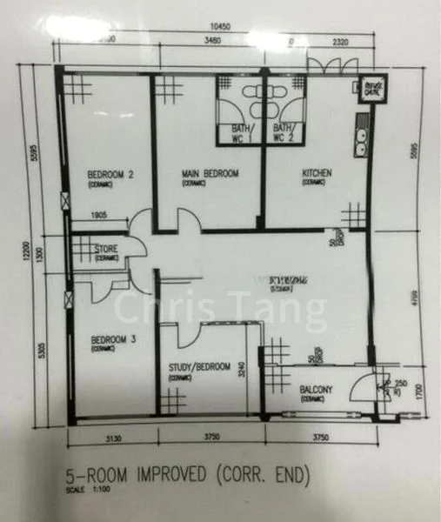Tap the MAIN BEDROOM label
click(x=210, y=174)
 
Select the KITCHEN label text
click(x=317, y=173)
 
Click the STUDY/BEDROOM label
click(x=199, y=368)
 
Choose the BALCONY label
click(x=305, y=391)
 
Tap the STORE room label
click(x=106, y=249)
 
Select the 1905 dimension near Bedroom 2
click(x=107, y=217)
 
